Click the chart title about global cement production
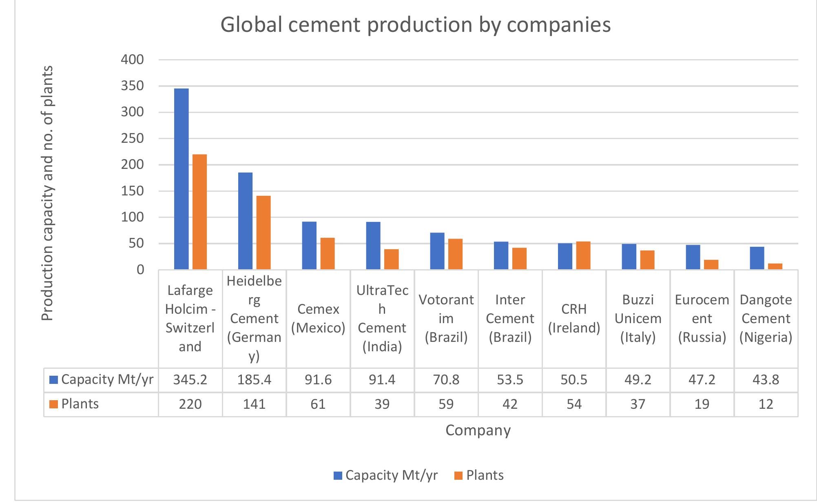415,24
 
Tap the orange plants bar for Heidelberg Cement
263,233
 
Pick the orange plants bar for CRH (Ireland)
583,255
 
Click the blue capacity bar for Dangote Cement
757,258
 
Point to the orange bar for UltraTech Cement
392,259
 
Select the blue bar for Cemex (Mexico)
309,245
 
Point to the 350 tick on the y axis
133,86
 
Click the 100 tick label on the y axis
133,217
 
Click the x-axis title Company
478,430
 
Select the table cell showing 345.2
190,380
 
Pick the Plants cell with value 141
254,404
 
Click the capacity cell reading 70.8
446,380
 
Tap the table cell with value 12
766,404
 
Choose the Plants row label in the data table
80,404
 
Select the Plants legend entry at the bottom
479,475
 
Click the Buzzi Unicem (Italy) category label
638,319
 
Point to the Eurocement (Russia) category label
702,319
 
